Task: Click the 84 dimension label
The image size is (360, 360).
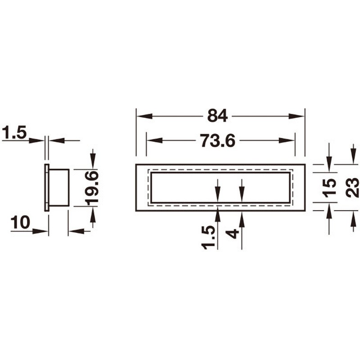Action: tap(217, 116)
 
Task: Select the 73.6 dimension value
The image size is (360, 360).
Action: tap(217, 140)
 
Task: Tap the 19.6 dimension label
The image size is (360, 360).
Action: tap(92, 188)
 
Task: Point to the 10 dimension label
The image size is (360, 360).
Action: tap(20, 222)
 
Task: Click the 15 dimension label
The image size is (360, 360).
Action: tap(329, 188)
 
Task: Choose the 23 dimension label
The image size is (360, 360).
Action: tap(352, 188)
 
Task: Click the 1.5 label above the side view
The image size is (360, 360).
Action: tap(14, 132)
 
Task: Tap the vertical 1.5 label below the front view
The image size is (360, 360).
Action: tap(208, 238)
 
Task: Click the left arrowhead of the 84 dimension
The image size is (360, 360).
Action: tap(144, 116)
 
